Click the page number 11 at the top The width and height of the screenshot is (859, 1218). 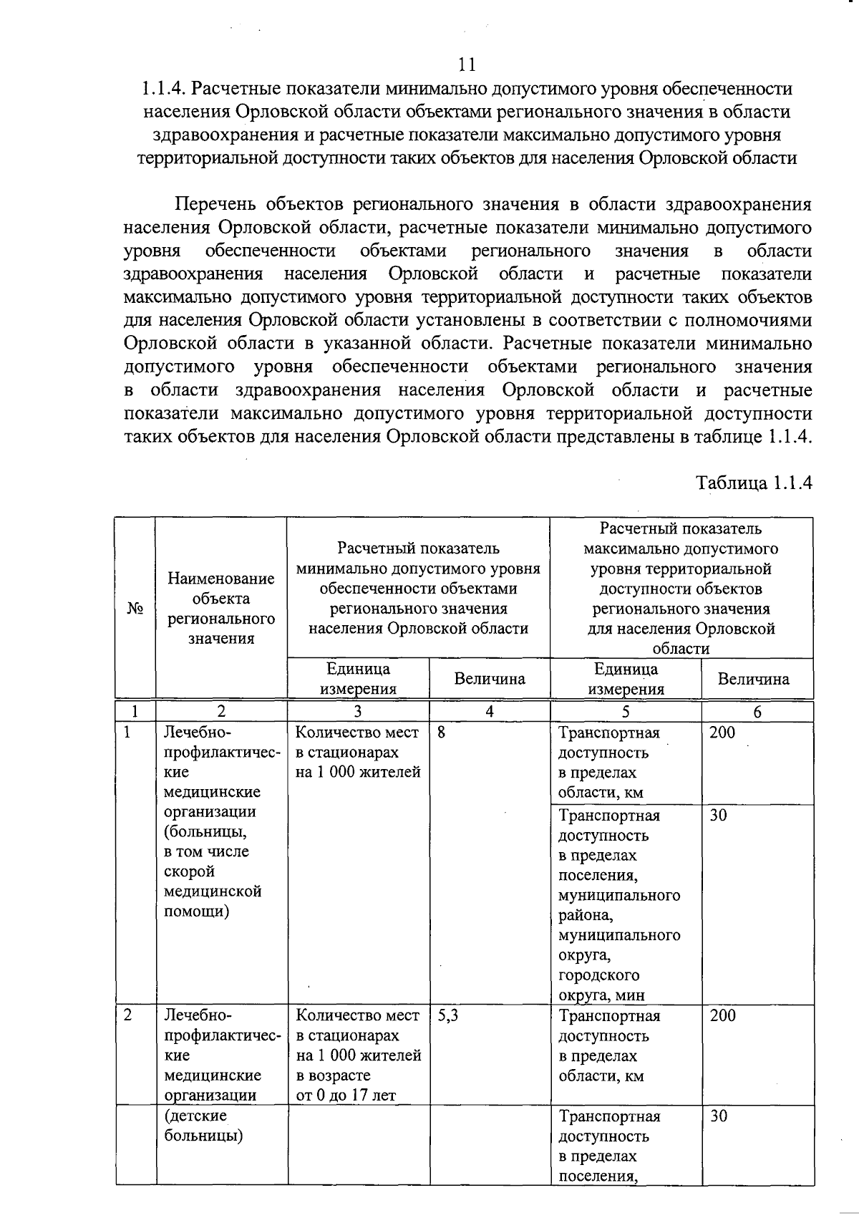coord(467,65)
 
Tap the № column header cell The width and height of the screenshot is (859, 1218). coord(135,608)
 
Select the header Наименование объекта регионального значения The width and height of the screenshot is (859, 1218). coord(221,608)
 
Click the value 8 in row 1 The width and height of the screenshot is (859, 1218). coord(442,733)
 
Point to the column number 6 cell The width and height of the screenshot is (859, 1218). coord(757,712)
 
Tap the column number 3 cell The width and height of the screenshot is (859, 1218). coord(357,711)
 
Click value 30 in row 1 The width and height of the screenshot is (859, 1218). coord(719,816)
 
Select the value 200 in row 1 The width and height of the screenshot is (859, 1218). coord(722,733)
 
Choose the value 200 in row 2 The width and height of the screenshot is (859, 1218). coord(722,1015)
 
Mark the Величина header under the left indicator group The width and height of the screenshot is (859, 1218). coord(490,679)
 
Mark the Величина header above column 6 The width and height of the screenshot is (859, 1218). coord(754,679)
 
